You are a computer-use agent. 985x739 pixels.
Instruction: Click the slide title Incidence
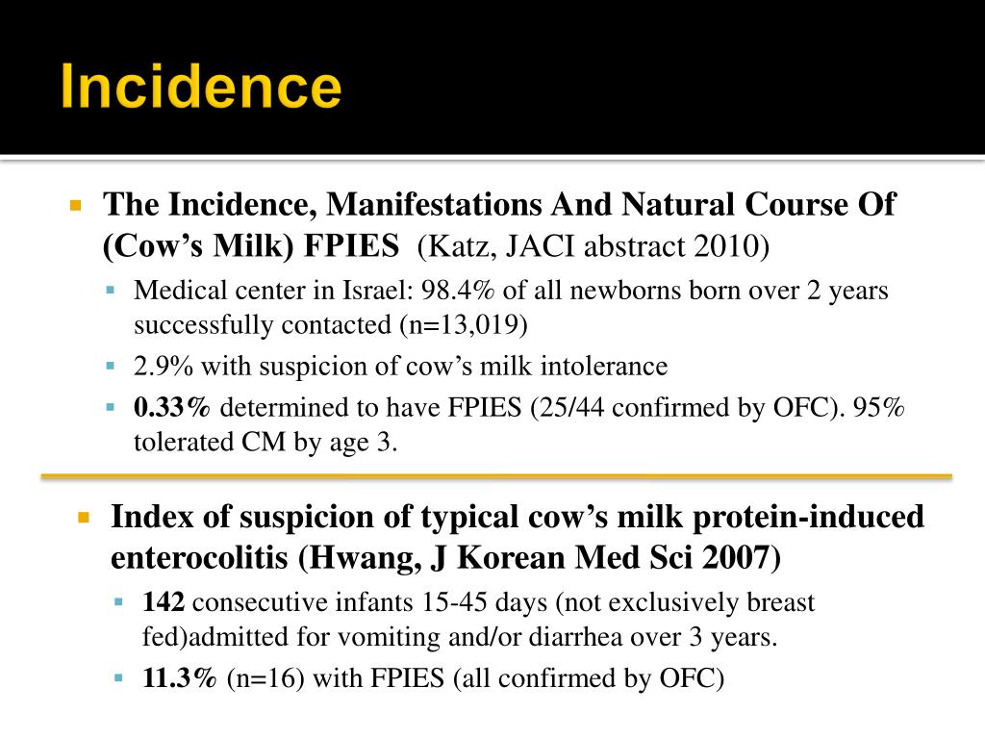(x=201, y=88)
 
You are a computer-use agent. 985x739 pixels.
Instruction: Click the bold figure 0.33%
(x=172, y=407)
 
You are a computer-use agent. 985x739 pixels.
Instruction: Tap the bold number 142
(x=164, y=602)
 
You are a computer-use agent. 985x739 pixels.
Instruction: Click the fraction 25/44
(x=598, y=407)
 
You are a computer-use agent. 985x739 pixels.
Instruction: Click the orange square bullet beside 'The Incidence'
(x=77, y=205)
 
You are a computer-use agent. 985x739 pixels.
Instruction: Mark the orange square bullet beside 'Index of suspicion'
(x=84, y=518)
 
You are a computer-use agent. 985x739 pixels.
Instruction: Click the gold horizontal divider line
(x=495, y=475)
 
